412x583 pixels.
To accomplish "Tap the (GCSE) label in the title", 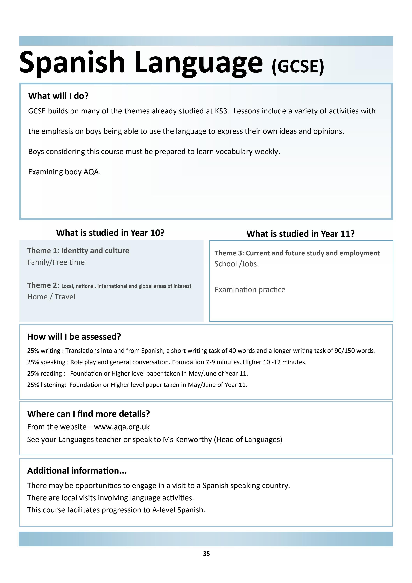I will click(298, 66).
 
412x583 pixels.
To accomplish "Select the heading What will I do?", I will click(58, 96).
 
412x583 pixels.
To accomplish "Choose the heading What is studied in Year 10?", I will click(110, 233).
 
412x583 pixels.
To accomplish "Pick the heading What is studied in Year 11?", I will click(300, 234).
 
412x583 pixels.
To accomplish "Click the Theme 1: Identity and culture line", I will click(78, 251).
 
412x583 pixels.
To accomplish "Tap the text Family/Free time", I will click(56, 262).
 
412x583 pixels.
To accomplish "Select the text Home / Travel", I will click(51, 297).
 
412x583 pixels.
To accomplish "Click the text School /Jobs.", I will click(236, 264).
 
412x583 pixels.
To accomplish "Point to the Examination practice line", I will click(250, 290).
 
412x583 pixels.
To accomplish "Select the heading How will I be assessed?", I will click(74, 337).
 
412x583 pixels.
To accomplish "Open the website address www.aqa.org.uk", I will click(122, 427).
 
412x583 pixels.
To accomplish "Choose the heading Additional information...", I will click(77, 470).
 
